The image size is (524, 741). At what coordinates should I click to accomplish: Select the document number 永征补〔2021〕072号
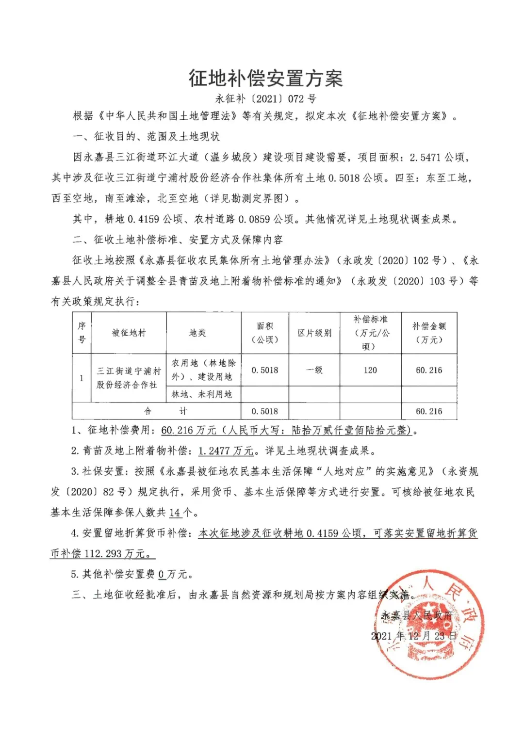[x=265, y=99]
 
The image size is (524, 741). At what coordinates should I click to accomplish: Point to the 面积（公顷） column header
[x=265, y=333]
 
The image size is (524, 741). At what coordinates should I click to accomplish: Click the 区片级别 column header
[x=314, y=333]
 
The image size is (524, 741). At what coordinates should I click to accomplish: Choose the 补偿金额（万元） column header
[x=429, y=333]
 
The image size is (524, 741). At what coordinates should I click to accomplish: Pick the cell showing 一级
[x=314, y=370]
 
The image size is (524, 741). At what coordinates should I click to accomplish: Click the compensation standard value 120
[x=370, y=370]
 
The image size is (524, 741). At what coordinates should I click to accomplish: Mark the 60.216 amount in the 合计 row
[x=429, y=411]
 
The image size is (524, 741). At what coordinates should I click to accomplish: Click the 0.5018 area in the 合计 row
[x=265, y=411]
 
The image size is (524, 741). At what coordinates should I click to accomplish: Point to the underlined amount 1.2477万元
[x=226, y=451]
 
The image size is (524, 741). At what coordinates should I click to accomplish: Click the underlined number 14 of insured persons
[x=175, y=513]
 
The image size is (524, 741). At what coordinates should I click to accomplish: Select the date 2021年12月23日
[x=414, y=636]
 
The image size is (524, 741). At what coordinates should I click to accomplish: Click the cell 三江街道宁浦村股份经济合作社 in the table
[x=128, y=378]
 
